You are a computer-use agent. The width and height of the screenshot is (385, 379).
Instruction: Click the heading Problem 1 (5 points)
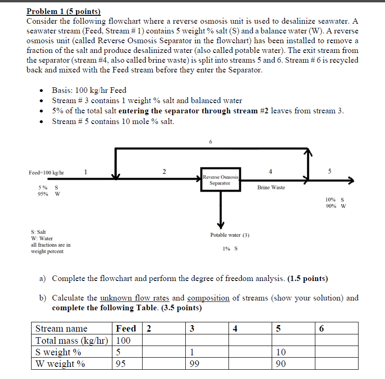point(63,11)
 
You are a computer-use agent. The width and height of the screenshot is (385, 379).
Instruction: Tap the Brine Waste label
point(271,187)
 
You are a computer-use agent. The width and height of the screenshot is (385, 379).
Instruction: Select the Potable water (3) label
point(229,235)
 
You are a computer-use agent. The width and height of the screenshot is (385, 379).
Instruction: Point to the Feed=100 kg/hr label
point(46,173)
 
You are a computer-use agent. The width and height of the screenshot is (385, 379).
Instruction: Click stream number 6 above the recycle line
point(210,142)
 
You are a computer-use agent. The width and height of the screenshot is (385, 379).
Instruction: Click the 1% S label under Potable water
point(230,248)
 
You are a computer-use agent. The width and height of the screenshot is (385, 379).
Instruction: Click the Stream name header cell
point(62,329)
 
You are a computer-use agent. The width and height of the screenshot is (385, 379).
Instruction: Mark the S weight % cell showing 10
point(281,352)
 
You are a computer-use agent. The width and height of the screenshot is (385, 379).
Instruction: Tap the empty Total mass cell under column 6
point(336,340)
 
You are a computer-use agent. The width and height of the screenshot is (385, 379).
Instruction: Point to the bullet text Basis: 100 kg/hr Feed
point(89,90)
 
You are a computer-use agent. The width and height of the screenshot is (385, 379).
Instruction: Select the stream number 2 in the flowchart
point(163,172)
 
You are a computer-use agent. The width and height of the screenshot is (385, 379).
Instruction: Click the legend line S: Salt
point(39,231)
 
